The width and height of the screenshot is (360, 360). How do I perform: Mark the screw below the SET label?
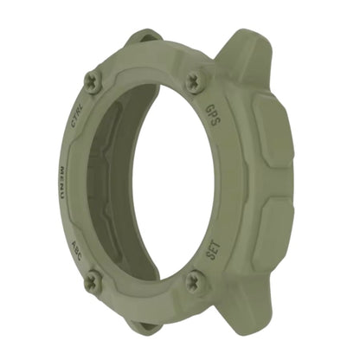click(x=196, y=280)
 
